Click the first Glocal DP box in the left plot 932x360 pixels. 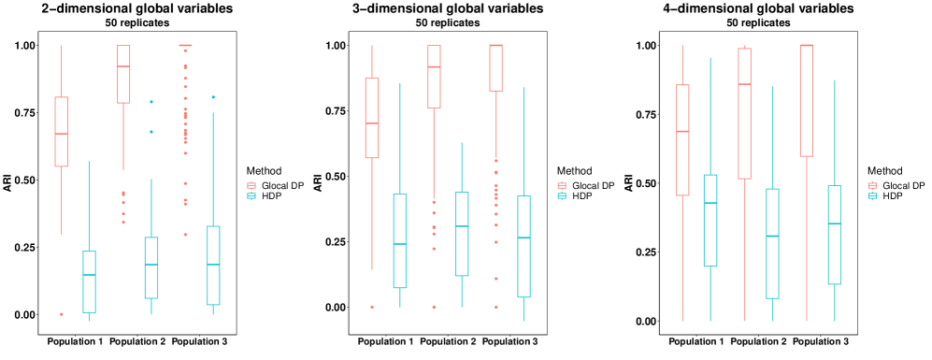point(62,131)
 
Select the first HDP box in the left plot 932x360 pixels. point(89,281)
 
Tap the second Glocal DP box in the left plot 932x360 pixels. point(123,73)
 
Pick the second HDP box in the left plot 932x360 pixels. point(151,267)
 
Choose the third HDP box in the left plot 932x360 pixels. point(213,265)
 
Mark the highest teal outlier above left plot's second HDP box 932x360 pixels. point(151,102)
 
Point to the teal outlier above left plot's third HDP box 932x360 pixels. point(213,97)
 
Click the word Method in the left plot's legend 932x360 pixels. point(263,171)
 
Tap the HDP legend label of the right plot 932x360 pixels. point(893,196)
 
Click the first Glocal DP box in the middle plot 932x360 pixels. point(372,118)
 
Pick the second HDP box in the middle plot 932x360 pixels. point(462,234)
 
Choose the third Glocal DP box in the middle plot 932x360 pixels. point(496,67)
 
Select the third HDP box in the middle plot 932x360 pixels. point(523,246)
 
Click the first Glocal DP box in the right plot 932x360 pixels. point(682,139)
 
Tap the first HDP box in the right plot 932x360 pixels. point(710,220)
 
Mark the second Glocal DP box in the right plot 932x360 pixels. point(744,112)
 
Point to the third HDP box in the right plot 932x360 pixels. point(834,234)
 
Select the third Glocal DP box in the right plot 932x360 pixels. point(806,100)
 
